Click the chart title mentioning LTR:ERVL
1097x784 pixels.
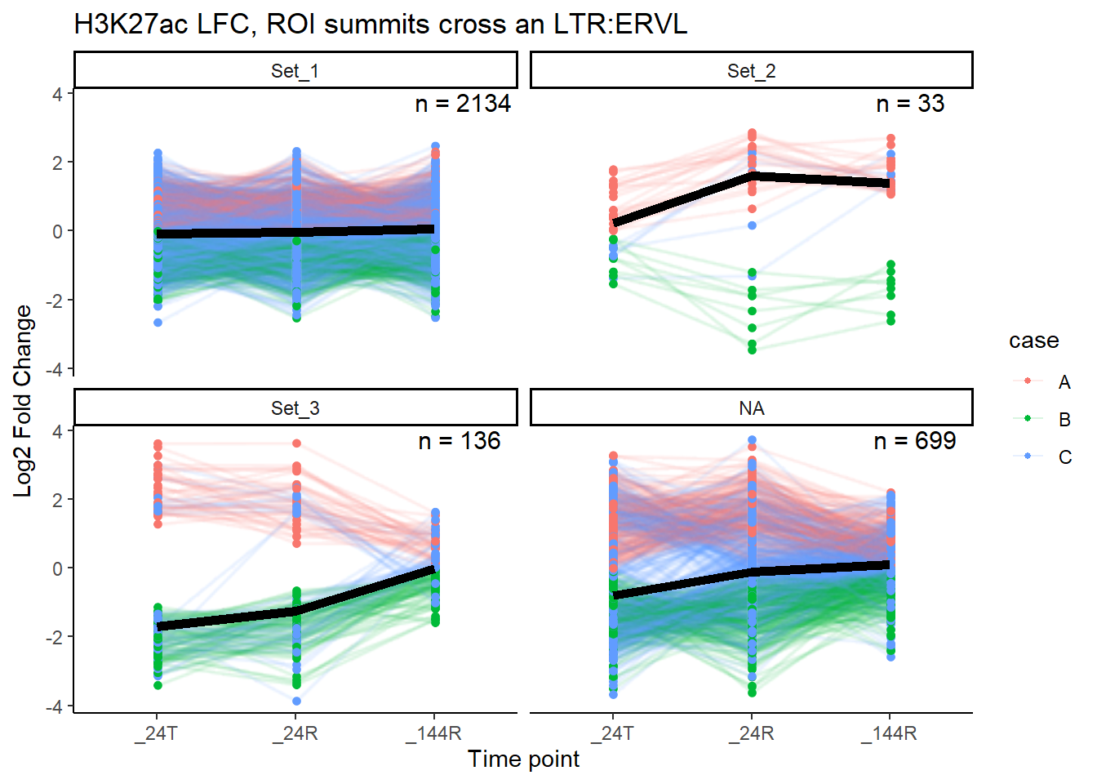pos(380,24)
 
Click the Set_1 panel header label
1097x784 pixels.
pos(295,71)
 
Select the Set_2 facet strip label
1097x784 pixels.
pos(751,71)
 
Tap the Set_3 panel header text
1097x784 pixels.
pos(295,408)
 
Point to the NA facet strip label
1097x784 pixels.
pos(751,408)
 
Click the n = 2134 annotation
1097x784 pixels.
pos(463,104)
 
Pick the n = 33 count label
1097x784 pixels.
pos(910,104)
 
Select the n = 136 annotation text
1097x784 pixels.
pos(459,441)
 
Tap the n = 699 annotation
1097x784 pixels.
pos(914,441)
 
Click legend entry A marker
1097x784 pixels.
pos(1028,381)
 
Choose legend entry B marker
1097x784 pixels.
pos(1028,419)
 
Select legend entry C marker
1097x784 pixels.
pos(1028,457)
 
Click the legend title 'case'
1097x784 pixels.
pos(1033,341)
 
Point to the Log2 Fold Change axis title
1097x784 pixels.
pos(23,400)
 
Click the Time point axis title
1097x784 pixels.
pos(523,759)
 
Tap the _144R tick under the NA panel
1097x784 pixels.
pos(889,733)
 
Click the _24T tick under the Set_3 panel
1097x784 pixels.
pos(157,733)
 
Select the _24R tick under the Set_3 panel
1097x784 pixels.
pos(295,733)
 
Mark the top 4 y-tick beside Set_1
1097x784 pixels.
pos(57,94)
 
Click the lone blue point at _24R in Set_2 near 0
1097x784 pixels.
pos(752,225)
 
